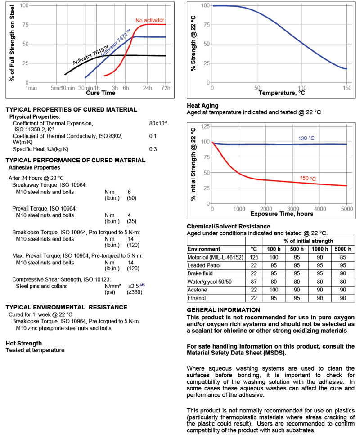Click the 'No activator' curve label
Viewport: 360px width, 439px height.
click(x=150, y=21)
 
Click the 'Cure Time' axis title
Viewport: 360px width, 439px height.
click(x=100, y=93)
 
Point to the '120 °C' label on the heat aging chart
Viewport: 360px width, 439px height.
click(x=306, y=138)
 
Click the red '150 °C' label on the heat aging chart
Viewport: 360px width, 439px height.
click(x=308, y=179)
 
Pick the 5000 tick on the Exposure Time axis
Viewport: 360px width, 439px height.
click(x=346, y=209)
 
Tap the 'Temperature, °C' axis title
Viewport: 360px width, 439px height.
click(x=282, y=93)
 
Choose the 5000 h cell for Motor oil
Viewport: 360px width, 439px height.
click(x=343, y=257)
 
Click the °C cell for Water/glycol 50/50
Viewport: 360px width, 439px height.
click(x=253, y=282)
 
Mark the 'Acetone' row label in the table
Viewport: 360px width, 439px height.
click(x=198, y=290)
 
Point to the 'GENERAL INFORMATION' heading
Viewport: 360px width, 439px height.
click(x=223, y=310)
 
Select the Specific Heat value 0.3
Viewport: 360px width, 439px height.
click(x=153, y=149)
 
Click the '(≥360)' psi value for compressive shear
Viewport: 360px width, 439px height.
click(x=135, y=292)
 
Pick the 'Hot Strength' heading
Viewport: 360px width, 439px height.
click(x=24, y=343)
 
